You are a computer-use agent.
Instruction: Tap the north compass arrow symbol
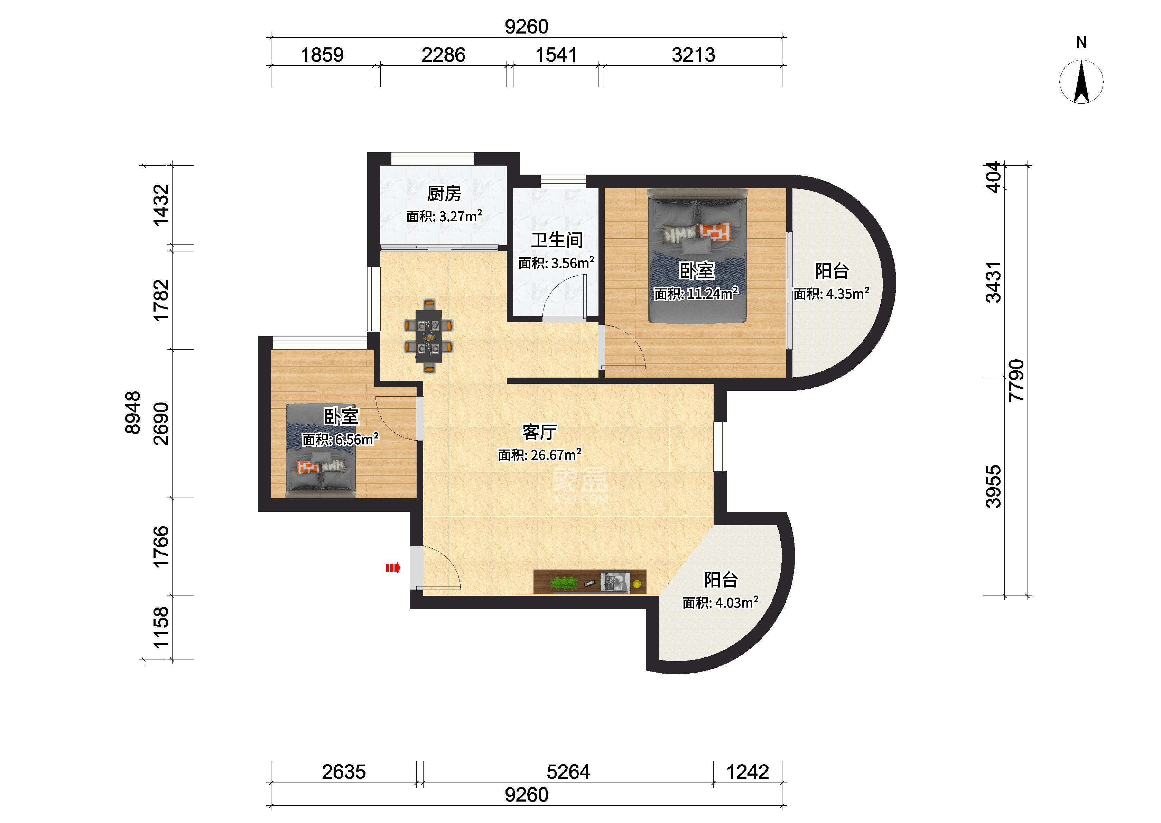click(1081, 82)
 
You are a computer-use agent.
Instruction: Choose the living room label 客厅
click(539, 432)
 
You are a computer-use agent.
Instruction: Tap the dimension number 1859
click(322, 55)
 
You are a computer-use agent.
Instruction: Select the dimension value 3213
click(694, 55)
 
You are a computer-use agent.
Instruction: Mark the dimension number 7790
click(1016, 380)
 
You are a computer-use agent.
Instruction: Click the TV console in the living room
click(589, 581)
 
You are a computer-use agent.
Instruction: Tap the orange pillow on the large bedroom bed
click(715, 231)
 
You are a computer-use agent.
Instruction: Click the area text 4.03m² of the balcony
click(736, 602)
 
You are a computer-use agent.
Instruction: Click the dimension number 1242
click(747, 772)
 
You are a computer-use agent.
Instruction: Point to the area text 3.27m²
click(461, 216)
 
